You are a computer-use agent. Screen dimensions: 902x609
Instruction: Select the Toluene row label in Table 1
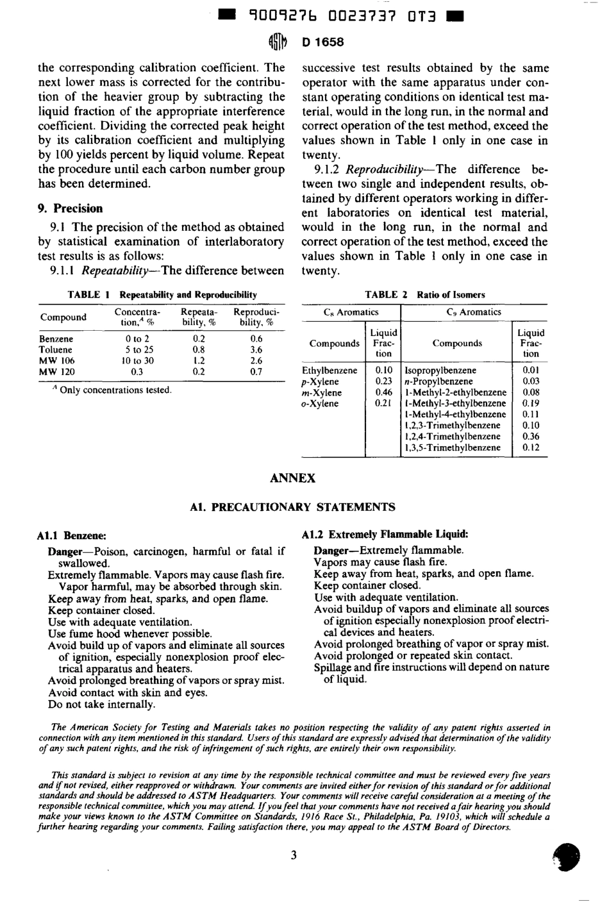point(56,350)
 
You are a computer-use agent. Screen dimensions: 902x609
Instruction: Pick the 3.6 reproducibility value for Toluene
point(256,350)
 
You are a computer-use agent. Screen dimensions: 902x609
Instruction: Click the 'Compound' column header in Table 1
point(63,317)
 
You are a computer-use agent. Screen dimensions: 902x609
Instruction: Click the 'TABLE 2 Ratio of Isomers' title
point(424,295)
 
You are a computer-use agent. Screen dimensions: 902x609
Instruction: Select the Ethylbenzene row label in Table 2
point(330,371)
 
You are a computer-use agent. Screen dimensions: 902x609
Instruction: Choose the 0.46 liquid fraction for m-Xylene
point(383,392)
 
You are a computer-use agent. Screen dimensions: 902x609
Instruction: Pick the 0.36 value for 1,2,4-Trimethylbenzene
point(530,437)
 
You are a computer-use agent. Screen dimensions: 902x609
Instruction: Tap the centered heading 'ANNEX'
point(293,478)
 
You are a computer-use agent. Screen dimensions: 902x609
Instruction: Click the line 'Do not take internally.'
point(101,705)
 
